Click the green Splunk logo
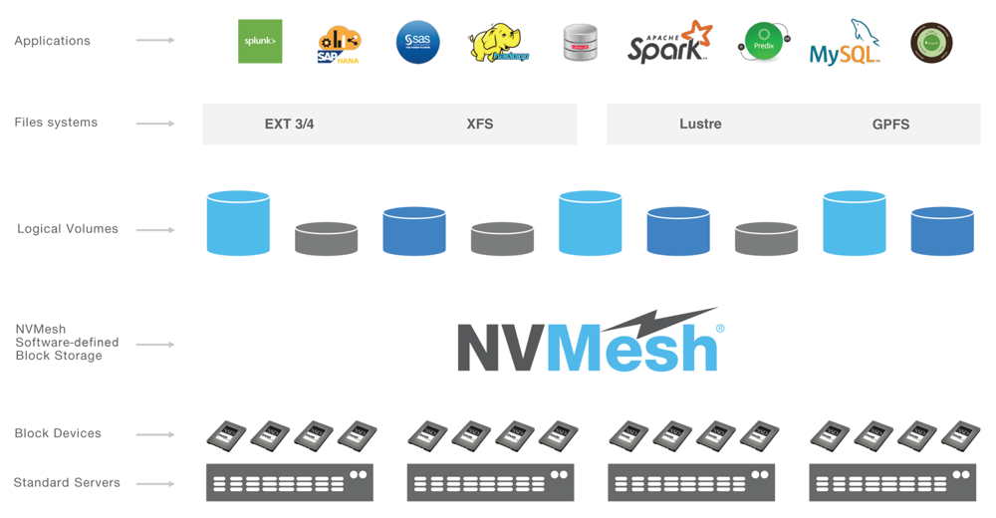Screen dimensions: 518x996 pyautogui.click(x=259, y=41)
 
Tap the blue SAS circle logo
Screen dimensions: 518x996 pyautogui.click(x=417, y=42)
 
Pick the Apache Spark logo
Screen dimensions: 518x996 pyautogui.click(x=669, y=43)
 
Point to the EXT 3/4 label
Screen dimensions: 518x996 pyautogui.click(x=289, y=125)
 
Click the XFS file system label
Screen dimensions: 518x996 pyautogui.click(x=480, y=125)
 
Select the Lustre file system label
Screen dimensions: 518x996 pyautogui.click(x=700, y=125)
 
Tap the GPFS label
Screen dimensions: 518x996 pyautogui.click(x=890, y=125)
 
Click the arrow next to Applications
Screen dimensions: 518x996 pyautogui.click(x=155, y=40)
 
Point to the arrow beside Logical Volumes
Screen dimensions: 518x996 pyautogui.click(x=155, y=230)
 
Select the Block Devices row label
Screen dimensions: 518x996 pyautogui.click(x=58, y=433)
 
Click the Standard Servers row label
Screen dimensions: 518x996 pyautogui.click(x=67, y=483)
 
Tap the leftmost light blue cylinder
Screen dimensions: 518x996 pyautogui.click(x=238, y=224)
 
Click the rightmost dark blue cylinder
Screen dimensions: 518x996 pyautogui.click(x=941, y=232)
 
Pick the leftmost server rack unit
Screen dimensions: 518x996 pyautogui.click(x=290, y=482)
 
